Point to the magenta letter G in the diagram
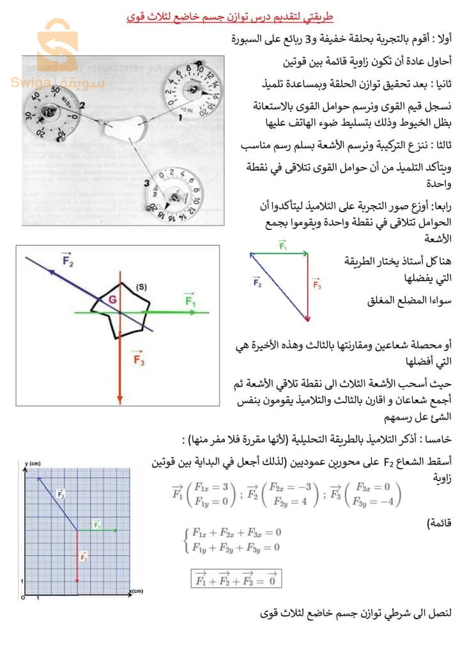click(x=112, y=299)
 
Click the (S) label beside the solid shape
click(x=141, y=287)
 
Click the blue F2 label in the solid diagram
click(x=67, y=259)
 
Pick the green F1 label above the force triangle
click(x=283, y=245)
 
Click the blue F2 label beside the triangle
click(x=257, y=281)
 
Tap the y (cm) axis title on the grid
click(x=33, y=462)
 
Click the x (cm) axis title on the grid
click(x=137, y=591)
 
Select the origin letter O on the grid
click(x=23, y=597)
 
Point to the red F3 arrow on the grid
click(x=77, y=556)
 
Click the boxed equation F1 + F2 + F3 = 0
click(x=236, y=578)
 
